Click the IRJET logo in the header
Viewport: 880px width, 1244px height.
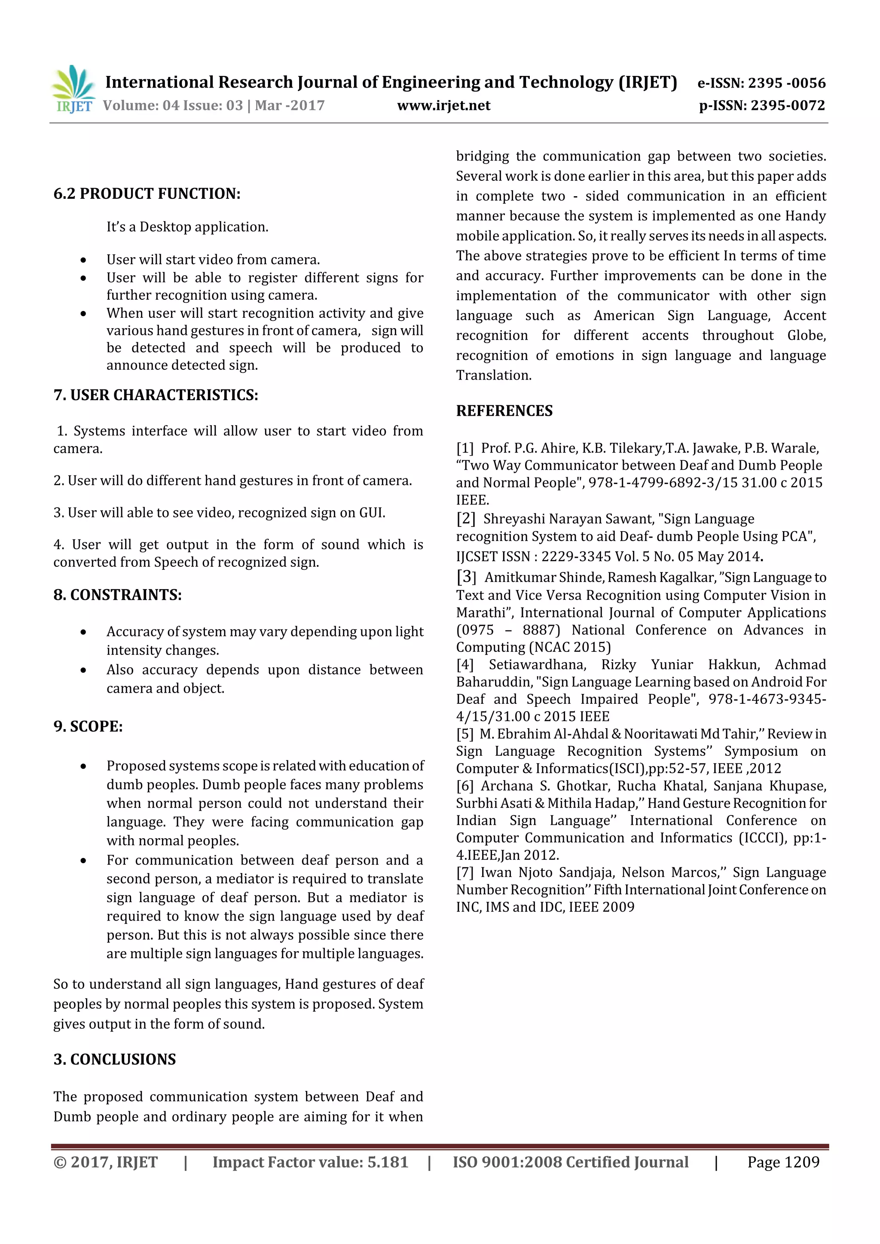coord(73,89)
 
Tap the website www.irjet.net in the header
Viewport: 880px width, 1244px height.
coord(443,105)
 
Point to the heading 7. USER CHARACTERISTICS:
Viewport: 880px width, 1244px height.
coord(156,395)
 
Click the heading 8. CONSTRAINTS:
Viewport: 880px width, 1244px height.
coord(117,595)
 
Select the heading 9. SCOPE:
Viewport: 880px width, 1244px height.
coord(88,726)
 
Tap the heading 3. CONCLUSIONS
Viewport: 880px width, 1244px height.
coord(114,1059)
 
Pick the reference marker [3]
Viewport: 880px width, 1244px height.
coord(466,577)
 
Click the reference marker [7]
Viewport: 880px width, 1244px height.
coord(464,872)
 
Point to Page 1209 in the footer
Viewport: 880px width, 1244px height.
coord(783,1162)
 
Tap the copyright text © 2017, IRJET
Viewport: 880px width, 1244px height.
coord(105,1162)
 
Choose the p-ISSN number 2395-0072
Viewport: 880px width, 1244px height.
coord(787,105)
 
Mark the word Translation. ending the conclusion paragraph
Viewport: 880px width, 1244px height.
coord(493,375)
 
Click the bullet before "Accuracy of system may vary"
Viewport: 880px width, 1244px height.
coord(83,632)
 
